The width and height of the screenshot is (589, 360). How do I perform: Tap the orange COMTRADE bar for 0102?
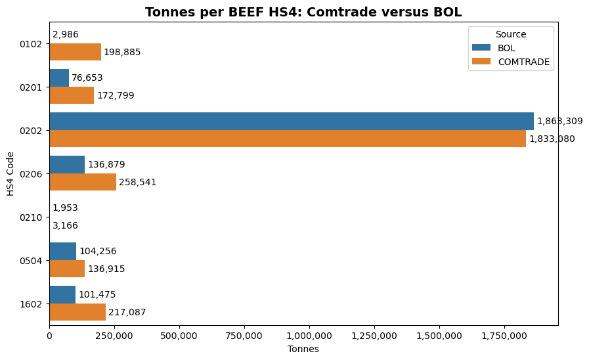coord(75,52)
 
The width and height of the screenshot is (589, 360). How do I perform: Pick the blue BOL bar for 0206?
coord(67,164)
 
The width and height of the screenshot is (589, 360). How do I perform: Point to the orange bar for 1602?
coord(77,312)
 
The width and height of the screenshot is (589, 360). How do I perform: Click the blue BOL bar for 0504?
coord(62,251)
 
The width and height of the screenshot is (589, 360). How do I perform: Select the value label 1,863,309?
coord(559,121)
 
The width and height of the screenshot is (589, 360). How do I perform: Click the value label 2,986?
coord(65,34)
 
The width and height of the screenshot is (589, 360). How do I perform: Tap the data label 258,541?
coord(138,182)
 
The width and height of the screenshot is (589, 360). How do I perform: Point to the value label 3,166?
coord(65,225)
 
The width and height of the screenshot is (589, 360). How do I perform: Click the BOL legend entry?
coord(506,48)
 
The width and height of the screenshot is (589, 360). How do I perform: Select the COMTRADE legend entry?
coord(523,62)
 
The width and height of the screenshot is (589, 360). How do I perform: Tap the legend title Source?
coord(511,34)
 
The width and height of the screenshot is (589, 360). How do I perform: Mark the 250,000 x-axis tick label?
coord(114,336)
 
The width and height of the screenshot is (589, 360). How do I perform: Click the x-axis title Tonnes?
coord(303,349)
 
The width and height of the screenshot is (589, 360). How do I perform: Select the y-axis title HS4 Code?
coord(11,173)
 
